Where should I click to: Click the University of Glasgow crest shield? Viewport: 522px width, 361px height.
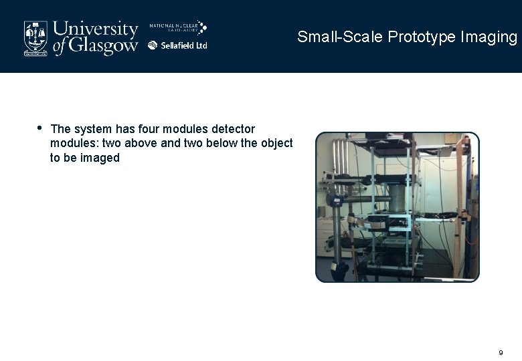[35, 37]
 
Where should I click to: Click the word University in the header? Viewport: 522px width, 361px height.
[96, 29]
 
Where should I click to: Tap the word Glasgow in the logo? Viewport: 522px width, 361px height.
[104, 45]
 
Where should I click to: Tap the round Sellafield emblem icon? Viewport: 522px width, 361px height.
[153, 45]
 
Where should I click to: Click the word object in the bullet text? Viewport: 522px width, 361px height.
[276, 143]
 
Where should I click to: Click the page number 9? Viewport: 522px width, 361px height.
[501, 352]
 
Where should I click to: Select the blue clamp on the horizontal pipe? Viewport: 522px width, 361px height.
[338, 199]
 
